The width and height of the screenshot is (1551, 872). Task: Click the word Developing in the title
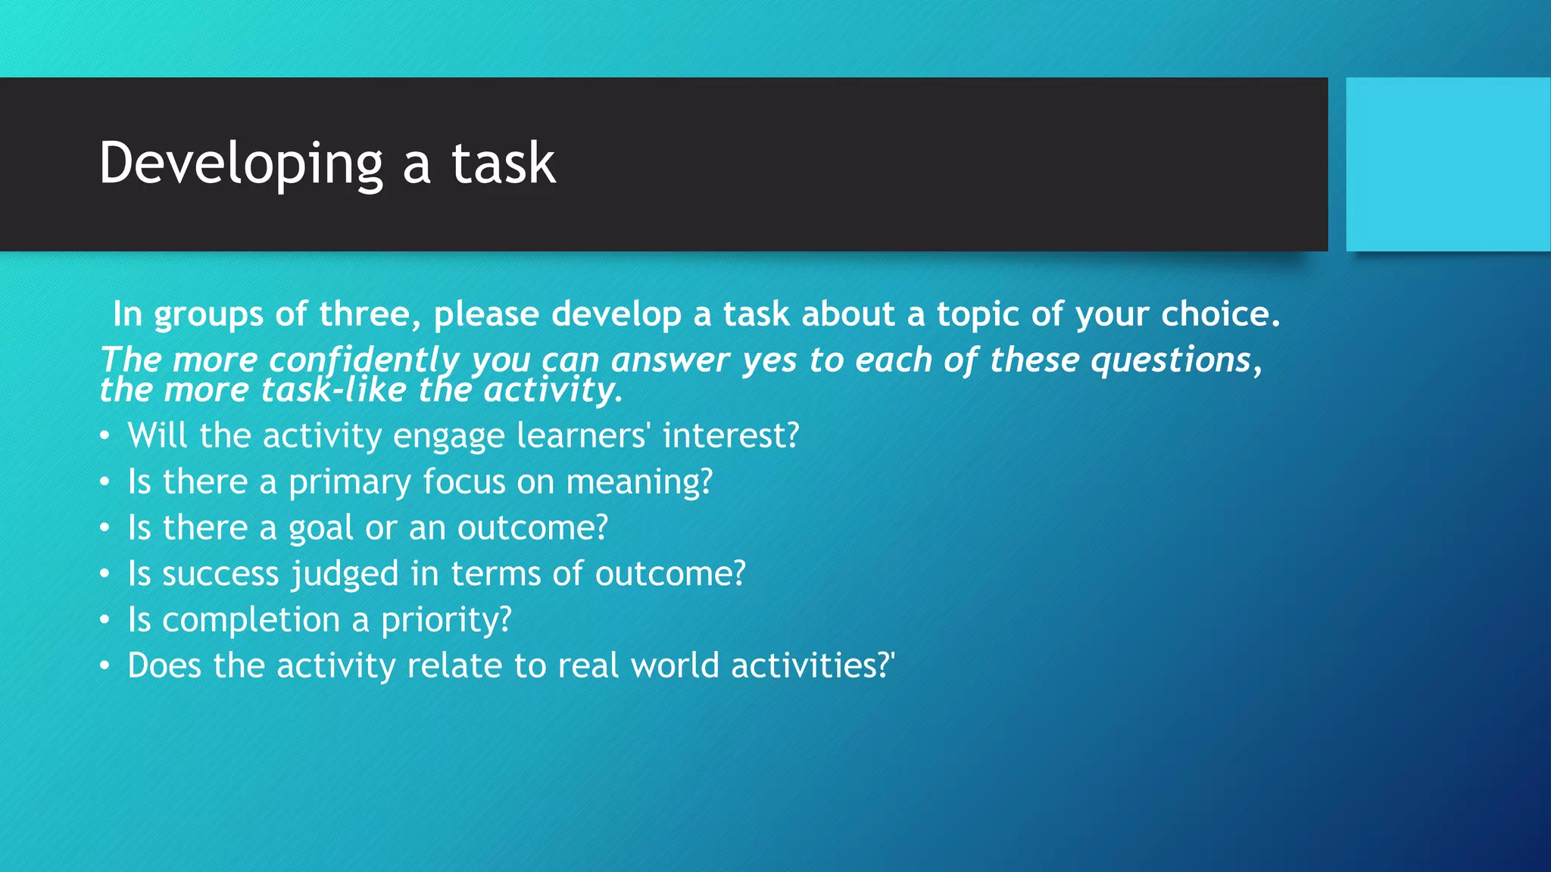[x=242, y=164]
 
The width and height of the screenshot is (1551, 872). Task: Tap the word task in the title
[x=504, y=164]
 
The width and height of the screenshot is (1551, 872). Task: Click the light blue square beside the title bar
[x=1448, y=164]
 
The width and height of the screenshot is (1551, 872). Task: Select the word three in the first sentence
[x=364, y=314]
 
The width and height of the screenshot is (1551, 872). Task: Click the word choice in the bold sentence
[x=1219, y=314]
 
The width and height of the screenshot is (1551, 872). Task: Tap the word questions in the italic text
[x=1171, y=360]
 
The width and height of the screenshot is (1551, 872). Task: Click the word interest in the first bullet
[x=730, y=436]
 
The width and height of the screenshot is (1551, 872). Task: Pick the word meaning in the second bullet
[x=639, y=483]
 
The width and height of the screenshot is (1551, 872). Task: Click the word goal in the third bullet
[x=321, y=528]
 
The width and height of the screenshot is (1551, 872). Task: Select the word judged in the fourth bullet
[x=345, y=575]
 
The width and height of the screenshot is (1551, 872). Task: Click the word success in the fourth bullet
[x=220, y=575]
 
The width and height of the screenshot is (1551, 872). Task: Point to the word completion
[x=251, y=621]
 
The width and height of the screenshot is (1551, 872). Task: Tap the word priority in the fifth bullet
[x=446, y=621]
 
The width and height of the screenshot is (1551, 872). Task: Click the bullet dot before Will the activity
[x=105, y=436]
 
